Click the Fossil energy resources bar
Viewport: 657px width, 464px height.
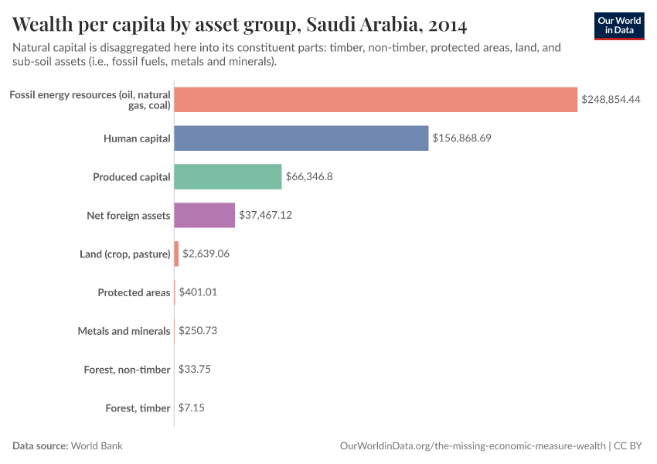coord(376,100)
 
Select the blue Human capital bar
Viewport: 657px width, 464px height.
coord(301,138)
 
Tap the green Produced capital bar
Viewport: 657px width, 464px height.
coord(228,177)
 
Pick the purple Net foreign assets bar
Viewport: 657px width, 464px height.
coord(204,216)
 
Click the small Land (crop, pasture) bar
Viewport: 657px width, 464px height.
coord(176,254)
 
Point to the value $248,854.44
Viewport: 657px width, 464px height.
coord(611,100)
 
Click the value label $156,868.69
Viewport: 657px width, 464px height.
coord(462,138)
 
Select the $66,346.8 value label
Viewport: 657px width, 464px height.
coord(309,177)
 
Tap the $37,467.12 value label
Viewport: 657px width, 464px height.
coord(265,216)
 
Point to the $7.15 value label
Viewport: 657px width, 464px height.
coord(192,408)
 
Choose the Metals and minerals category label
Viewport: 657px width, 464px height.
coord(124,331)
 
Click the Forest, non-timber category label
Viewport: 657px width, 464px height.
coord(127,370)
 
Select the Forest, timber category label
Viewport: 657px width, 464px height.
coord(138,408)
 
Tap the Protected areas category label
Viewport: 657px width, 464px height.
coord(134,292)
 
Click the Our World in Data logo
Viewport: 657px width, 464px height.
coord(619,26)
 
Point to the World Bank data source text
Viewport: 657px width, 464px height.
coord(97,446)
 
